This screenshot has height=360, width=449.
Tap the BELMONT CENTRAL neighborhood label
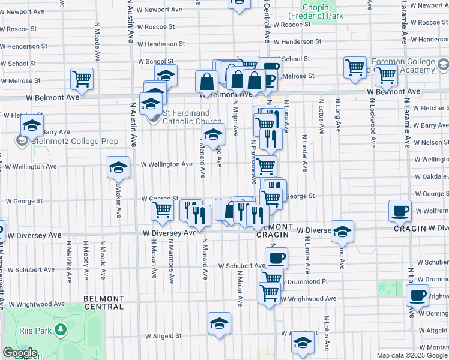[103, 302]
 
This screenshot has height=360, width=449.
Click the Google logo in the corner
[20, 353]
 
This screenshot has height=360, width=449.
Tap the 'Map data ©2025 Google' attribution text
[412, 355]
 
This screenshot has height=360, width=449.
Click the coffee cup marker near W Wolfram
[400, 211]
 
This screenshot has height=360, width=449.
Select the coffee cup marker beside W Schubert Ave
[276, 258]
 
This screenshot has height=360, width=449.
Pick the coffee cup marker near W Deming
[418, 295]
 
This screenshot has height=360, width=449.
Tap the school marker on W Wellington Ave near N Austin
[119, 167]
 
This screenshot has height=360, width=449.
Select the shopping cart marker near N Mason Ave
[162, 210]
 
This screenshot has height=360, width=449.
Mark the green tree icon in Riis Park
[60, 329]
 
